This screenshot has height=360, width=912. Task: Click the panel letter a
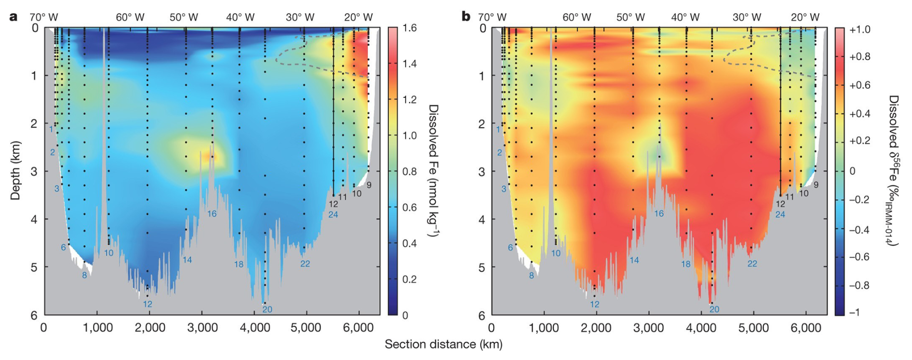tap(13, 16)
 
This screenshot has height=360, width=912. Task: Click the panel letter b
tap(466, 16)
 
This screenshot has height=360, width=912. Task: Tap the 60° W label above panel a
tap(130, 17)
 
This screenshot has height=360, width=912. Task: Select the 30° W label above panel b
tap(747, 17)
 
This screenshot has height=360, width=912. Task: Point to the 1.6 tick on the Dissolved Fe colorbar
tap(409, 28)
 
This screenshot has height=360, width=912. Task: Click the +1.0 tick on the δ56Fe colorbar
tap(859, 29)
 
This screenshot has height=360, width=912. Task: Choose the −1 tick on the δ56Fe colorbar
tap(854, 312)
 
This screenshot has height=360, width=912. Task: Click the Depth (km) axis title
tap(15, 171)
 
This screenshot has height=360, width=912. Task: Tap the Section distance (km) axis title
tap(443, 344)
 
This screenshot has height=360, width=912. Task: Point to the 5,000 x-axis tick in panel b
tap(753, 328)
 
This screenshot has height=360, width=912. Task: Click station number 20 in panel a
tap(267, 309)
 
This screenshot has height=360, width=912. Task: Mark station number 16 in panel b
tap(659, 213)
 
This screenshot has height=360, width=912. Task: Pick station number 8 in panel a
tap(84, 276)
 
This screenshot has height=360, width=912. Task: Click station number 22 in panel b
tap(752, 264)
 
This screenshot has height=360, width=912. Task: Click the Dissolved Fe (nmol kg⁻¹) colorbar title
tap(433, 171)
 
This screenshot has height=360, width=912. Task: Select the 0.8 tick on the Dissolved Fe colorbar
tap(409, 172)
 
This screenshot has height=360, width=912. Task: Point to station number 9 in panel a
tap(369, 185)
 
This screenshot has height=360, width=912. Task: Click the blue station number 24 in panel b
tap(780, 214)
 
